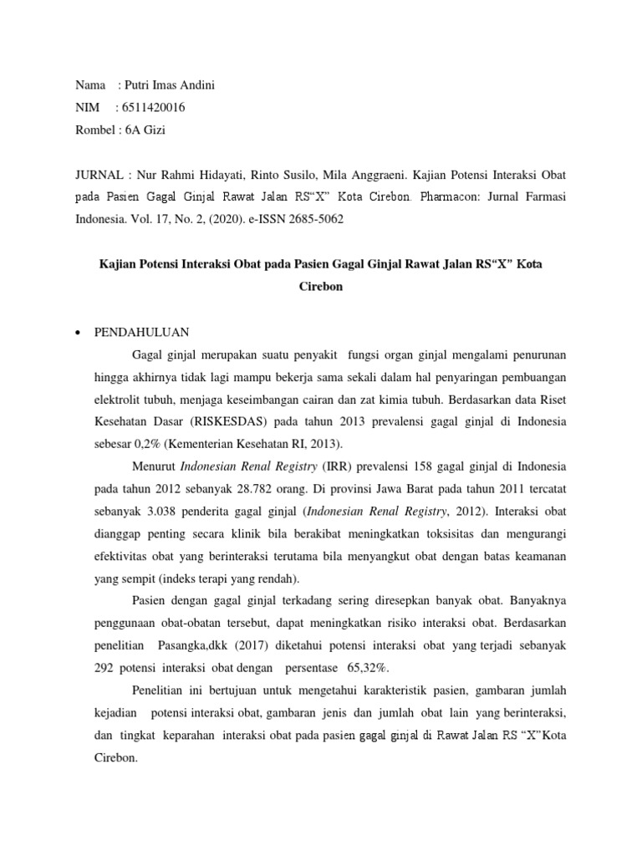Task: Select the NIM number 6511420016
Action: click(x=155, y=107)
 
